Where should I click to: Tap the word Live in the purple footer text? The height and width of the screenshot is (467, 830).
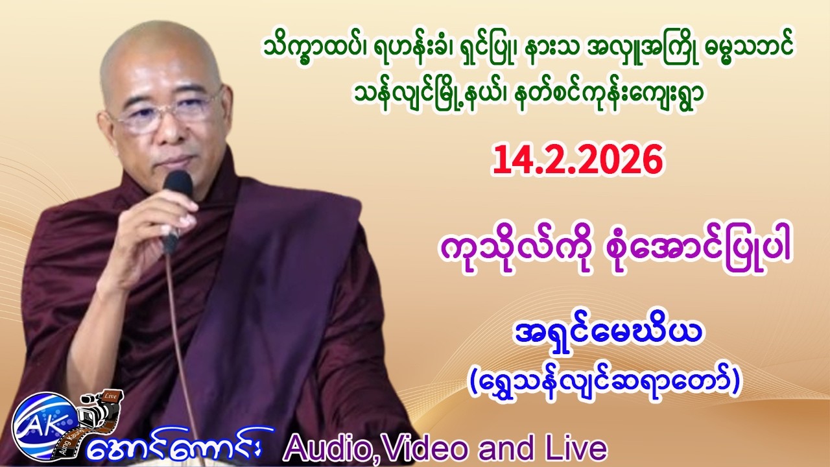pos(580,448)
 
